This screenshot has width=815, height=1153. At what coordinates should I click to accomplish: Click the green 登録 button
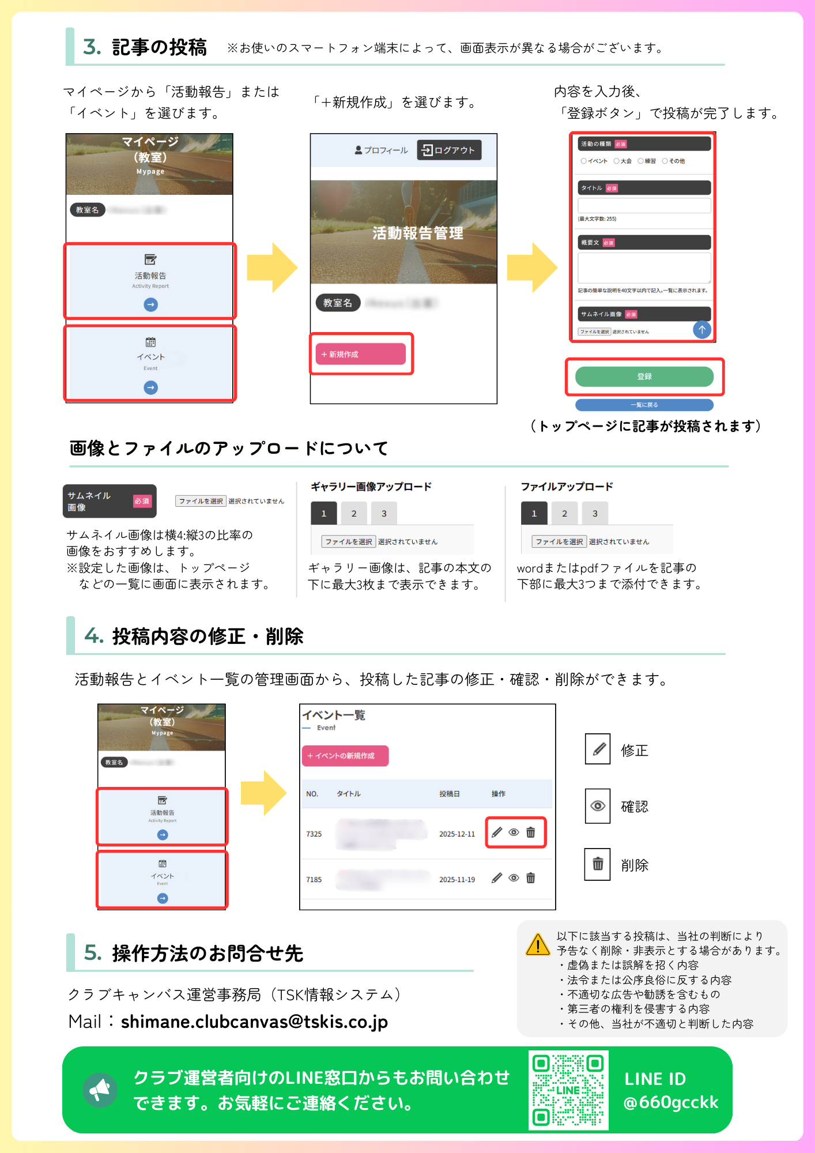(x=644, y=376)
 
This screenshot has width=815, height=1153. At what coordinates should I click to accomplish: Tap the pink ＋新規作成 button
(x=360, y=354)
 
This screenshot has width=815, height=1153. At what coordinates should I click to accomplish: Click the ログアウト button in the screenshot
(x=448, y=150)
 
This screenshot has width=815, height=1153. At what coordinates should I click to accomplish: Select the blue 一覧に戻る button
(x=644, y=405)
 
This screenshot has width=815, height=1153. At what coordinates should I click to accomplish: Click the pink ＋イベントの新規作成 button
(x=345, y=756)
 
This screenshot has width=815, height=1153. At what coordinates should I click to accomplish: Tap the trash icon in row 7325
(x=531, y=832)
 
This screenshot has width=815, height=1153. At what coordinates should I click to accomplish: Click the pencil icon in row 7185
(x=497, y=878)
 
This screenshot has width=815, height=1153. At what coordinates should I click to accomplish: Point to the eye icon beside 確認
(x=598, y=806)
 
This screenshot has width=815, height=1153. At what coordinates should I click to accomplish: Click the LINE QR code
(x=568, y=1090)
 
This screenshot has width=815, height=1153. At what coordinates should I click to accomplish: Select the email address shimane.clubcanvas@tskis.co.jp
(x=254, y=1022)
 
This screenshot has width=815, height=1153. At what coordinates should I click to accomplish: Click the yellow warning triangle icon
(x=538, y=945)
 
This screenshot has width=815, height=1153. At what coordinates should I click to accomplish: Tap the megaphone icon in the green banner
(x=100, y=1090)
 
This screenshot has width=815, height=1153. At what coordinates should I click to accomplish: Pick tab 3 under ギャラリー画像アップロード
(x=384, y=513)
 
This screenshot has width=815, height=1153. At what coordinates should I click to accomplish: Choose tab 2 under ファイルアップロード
(x=564, y=513)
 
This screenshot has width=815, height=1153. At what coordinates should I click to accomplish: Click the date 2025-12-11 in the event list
(x=457, y=834)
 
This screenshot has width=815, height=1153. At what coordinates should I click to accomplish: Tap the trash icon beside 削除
(x=598, y=864)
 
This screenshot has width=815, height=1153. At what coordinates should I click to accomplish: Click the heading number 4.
(x=93, y=636)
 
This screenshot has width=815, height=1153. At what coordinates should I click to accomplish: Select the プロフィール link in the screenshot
(x=381, y=150)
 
